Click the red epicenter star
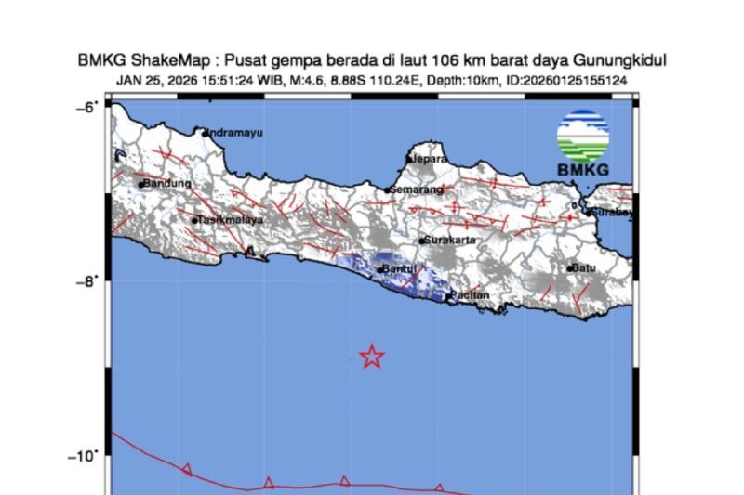click(372, 357)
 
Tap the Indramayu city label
click(234, 133)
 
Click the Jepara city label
click(424, 159)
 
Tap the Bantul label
click(399, 270)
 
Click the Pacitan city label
click(470, 295)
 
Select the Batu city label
click(583, 268)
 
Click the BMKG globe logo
click(583, 137)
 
